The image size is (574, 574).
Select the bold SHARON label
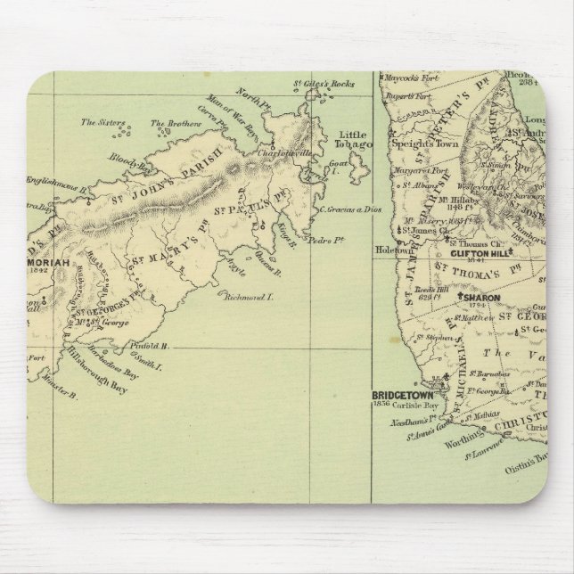[x=480, y=298]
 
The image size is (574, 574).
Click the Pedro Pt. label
[x=334, y=240]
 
